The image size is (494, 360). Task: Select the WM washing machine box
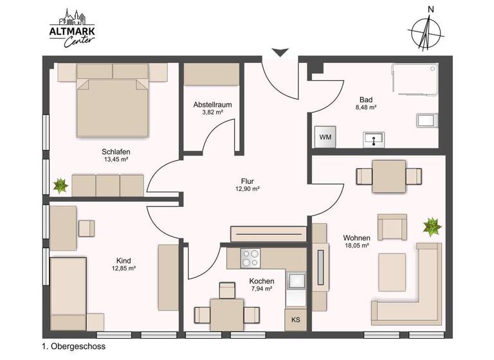pyautogui.click(x=325, y=137)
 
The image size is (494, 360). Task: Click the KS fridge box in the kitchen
pyautogui.click(x=296, y=319)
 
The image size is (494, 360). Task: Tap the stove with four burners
pyautogui.click(x=251, y=258)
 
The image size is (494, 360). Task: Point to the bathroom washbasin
pyautogui.click(x=372, y=138)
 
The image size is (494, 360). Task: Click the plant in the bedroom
pyautogui.click(x=60, y=186)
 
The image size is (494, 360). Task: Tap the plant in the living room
pyautogui.click(x=431, y=226)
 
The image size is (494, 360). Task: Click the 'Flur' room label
pyautogui.click(x=247, y=181)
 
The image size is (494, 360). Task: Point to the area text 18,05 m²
pyautogui.click(x=357, y=246)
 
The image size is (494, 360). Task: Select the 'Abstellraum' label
pyautogui.click(x=212, y=104)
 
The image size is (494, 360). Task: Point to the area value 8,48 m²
pyautogui.click(x=366, y=108)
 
